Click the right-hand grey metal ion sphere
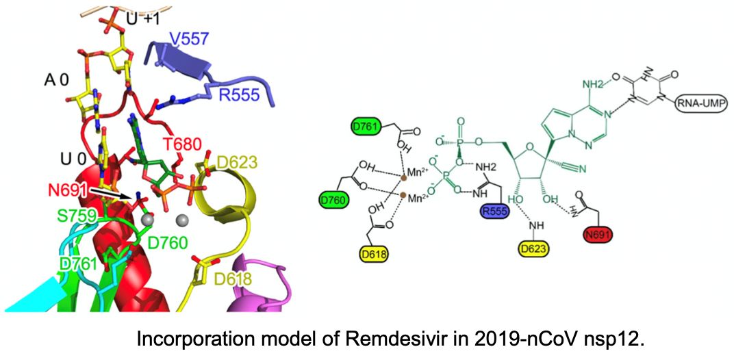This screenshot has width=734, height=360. tap(181, 220)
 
